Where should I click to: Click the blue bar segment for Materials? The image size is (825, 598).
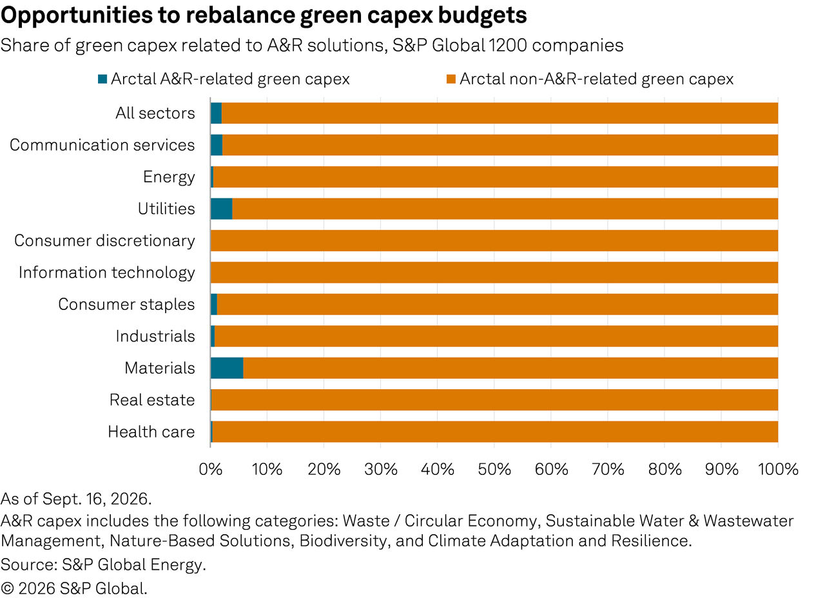pyautogui.click(x=227, y=368)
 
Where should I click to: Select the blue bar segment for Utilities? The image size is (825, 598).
pyautogui.click(x=221, y=209)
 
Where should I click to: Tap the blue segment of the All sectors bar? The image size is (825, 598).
pyautogui.click(x=216, y=113)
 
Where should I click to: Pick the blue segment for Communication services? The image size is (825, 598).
pyautogui.click(x=217, y=145)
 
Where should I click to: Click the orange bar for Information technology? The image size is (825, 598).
pyautogui.click(x=494, y=273)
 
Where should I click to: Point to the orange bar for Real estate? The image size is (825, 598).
pyautogui.click(x=494, y=400)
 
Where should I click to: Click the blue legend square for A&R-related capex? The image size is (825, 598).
pyautogui.click(x=102, y=79)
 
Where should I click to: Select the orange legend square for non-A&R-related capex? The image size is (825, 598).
pyautogui.click(x=451, y=79)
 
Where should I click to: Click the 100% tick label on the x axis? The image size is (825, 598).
pyautogui.click(x=778, y=470)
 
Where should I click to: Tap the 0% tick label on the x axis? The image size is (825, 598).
pyautogui.click(x=210, y=470)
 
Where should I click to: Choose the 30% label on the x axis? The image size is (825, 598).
pyautogui.click(x=381, y=470)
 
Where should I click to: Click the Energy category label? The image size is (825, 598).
pyautogui.click(x=169, y=177)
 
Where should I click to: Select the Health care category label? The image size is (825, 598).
pyautogui.click(x=151, y=432)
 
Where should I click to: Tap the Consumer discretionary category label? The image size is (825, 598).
pyautogui.click(x=104, y=241)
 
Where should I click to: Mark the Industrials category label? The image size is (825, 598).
pyautogui.click(x=155, y=336)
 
